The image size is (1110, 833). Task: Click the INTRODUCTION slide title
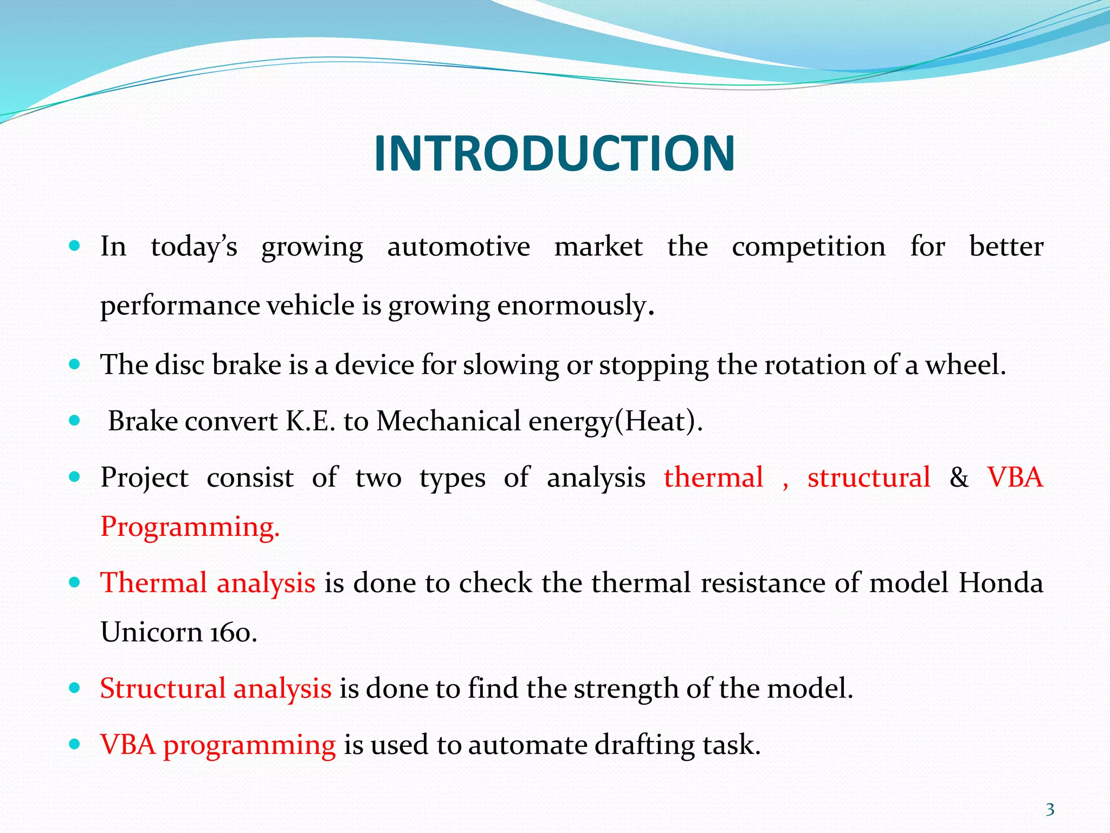tap(554, 154)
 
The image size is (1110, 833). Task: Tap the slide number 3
tap(1050, 810)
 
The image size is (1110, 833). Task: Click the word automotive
tap(459, 247)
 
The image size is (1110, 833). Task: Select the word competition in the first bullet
tap(809, 247)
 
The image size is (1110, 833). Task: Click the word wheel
tap(964, 364)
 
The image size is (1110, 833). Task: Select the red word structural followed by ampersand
tap(868, 478)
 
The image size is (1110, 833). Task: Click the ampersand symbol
tap(959, 478)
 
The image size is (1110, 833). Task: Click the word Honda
tap(1001, 583)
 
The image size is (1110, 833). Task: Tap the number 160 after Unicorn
tap(233, 632)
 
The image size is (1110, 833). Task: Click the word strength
tap(627, 688)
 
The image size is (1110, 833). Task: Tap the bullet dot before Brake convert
tap(75, 421)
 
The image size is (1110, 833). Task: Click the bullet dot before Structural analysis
tap(75, 688)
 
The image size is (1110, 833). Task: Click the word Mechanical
tap(448, 421)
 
